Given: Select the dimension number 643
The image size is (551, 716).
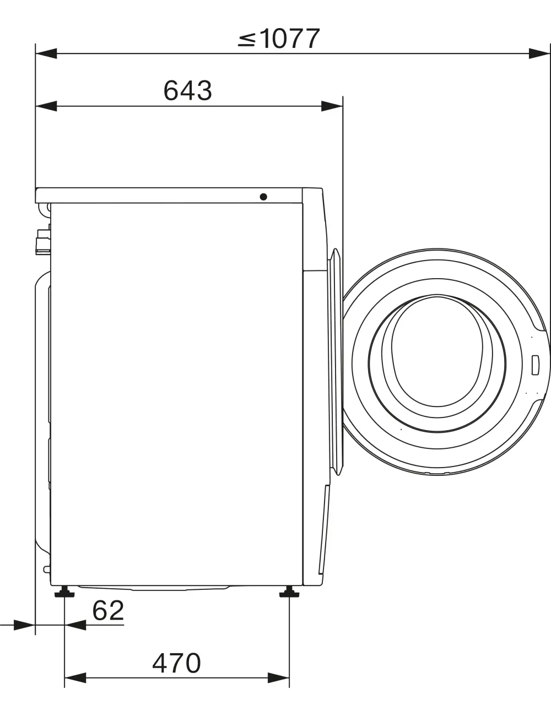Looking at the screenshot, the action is pyautogui.click(x=187, y=91).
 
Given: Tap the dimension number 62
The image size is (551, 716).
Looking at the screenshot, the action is pyautogui.click(x=108, y=611).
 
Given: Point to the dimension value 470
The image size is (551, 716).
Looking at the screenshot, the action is pyautogui.click(x=176, y=663).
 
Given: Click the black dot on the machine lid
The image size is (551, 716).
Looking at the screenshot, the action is pyautogui.click(x=263, y=197).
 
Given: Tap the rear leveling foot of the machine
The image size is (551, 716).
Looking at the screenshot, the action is pyautogui.click(x=64, y=592).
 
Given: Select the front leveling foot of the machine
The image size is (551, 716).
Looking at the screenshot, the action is pyautogui.click(x=289, y=592).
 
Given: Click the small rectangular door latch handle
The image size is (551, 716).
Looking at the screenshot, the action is pyautogui.click(x=536, y=365).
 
